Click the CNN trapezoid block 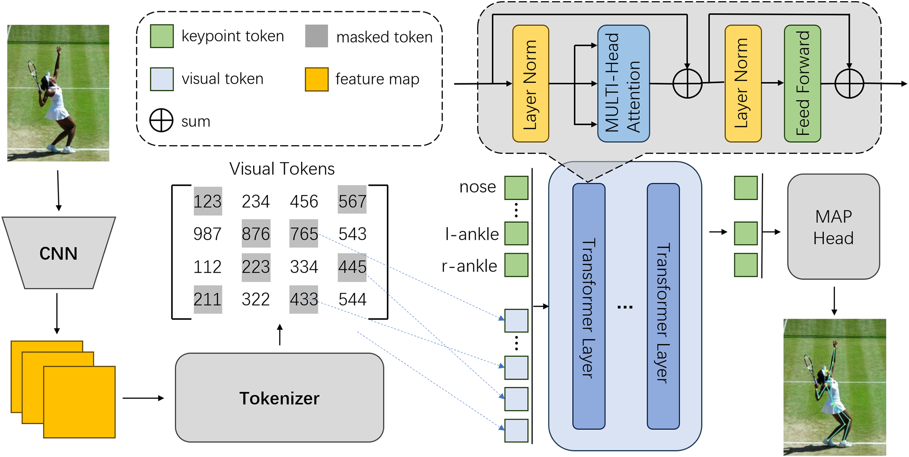coord(59,253)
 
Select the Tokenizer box coord(279,398)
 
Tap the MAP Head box coord(833,227)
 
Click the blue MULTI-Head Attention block coord(623,84)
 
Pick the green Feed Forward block coord(802,84)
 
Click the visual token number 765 coord(304,234)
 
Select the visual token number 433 coord(304,299)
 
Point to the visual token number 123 coord(208,201)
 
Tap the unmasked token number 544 coord(352,299)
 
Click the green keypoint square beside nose coord(516,188)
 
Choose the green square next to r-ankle coord(516,265)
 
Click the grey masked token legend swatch coord(317,36)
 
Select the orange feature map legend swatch coord(317,79)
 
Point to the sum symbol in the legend coord(161,120)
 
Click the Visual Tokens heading coord(282,169)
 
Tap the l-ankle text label coord(472,234)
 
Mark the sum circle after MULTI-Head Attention coord(687,84)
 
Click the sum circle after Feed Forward coord(849,84)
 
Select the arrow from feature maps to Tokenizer coord(143,398)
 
